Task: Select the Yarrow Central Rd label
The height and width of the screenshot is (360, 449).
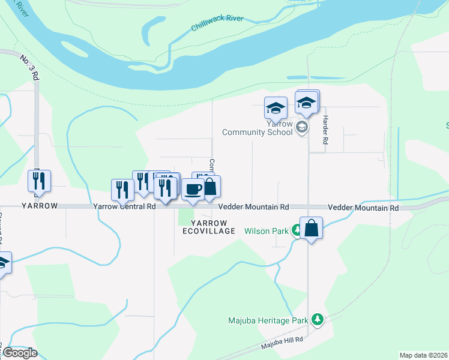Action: (124, 206)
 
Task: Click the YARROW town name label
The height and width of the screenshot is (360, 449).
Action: (40, 206)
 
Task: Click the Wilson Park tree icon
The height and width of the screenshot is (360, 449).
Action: (296, 230)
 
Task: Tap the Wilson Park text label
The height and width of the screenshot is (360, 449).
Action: (267, 230)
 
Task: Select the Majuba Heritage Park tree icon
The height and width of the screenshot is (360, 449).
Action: (318, 320)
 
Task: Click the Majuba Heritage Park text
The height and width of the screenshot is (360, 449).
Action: (268, 320)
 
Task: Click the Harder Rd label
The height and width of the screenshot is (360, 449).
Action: (325, 130)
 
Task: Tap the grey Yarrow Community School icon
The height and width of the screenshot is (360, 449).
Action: (302, 127)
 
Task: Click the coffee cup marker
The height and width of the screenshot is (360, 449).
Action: (193, 190)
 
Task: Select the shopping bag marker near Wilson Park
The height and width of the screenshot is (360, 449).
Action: (311, 228)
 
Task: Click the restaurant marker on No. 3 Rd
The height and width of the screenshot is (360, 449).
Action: (39, 181)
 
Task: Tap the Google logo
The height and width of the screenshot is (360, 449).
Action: (20, 353)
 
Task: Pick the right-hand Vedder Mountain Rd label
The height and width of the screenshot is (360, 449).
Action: (363, 208)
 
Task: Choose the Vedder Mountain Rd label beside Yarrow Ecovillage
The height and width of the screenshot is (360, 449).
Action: (253, 206)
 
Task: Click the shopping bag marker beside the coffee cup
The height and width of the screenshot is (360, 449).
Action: (210, 187)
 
